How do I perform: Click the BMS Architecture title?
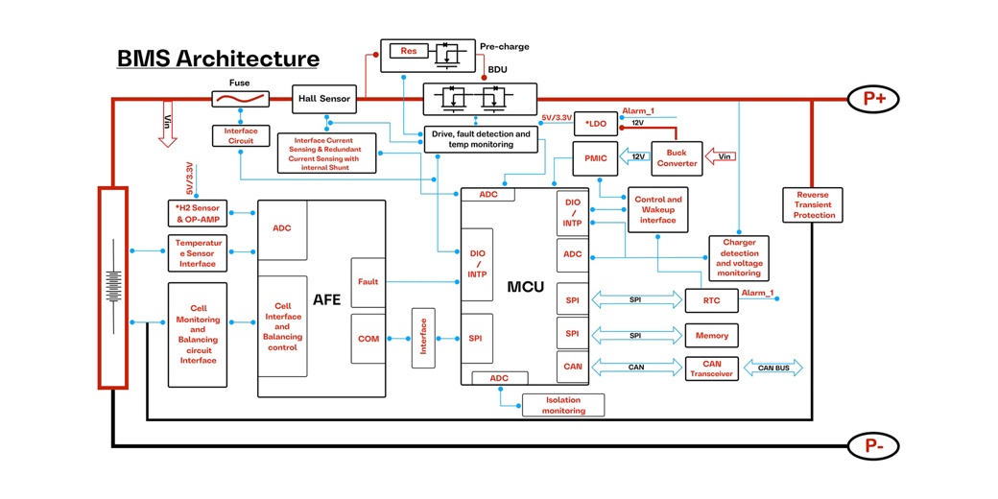[218, 59]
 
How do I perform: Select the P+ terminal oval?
[873, 98]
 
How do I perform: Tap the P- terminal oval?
[873, 446]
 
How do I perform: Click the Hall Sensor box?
[322, 98]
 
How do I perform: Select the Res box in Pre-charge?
[409, 51]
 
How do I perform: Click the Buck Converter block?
[677, 158]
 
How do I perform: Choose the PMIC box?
[588, 157]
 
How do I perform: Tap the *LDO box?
[595, 124]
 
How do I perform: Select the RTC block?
[711, 301]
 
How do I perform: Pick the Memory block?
[711, 336]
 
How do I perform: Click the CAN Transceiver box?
[711, 369]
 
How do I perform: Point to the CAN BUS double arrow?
[772, 368]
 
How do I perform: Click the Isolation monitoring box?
[563, 405]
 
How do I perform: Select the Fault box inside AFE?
[368, 282]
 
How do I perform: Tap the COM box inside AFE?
[368, 338]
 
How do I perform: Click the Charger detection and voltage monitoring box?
[738, 258]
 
